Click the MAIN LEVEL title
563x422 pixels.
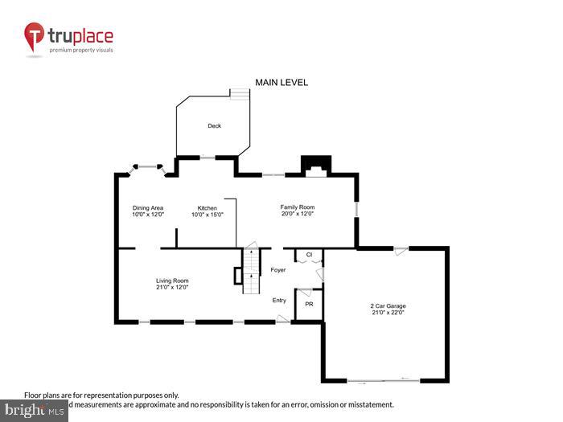coord(281,83)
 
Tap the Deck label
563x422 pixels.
coord(214,126)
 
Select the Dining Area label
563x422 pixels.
coord(148,208)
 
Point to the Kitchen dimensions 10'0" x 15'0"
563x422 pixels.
coord(207,215)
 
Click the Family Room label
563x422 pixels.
coord(297,207)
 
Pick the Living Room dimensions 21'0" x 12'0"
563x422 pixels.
coord(172,287)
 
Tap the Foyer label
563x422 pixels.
coord(278,270)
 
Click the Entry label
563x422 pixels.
coord(279,300)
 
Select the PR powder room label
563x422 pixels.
coord(309,305)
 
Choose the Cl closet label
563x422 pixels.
coord(308,256)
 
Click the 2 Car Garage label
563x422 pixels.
coord(388,306)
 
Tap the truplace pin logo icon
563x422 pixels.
coord(35,37)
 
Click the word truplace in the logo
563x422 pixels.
coord(81,35)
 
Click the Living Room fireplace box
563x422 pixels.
coord(237,276)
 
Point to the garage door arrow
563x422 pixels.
coord(406,377)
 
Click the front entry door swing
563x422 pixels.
coord(282,319)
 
